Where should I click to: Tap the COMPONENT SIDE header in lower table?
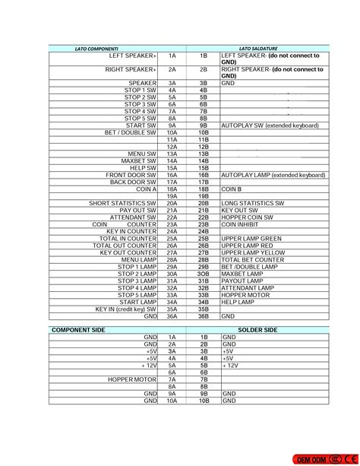pyautogui.click(x=80, y=330)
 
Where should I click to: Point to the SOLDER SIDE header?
pyautogui.click(x=257, y=330)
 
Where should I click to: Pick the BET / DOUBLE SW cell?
pyautogui.click(x=131, y=132)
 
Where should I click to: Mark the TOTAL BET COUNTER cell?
pyautogui.click(x=252, y=260)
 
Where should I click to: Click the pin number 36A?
pyautogui.click(x=172, y=316)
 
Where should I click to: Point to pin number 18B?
pyautogui.click(x=203, y=189)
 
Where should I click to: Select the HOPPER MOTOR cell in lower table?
pyautogui.click(x=131, y=379)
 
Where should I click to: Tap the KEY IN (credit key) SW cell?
pyautogui.click(x=125, y=309)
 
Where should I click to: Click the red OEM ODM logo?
pyautogui.click(x=327, y=459)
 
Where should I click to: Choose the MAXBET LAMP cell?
pyautogui.click(x=242, y=274)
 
